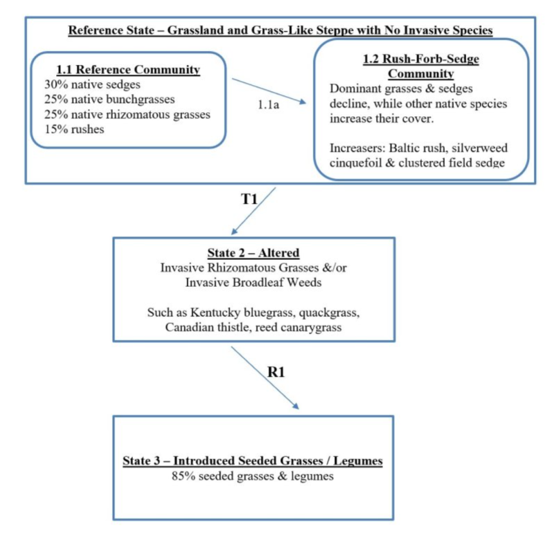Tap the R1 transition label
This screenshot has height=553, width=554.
[277, 372]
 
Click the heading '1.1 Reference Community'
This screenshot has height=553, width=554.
[129, 70]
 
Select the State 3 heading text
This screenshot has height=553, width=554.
[253, 462]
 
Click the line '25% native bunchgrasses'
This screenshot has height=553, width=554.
[103, 99]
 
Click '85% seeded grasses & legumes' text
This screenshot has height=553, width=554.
[253, 477]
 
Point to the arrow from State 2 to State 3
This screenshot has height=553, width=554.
[266, 378]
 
